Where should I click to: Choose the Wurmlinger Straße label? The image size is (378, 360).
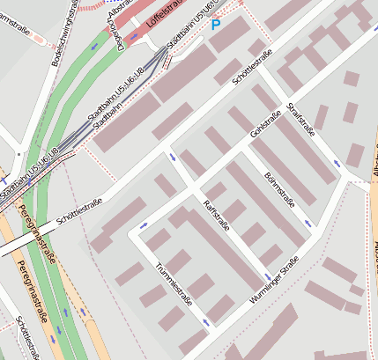(x=274, y=280)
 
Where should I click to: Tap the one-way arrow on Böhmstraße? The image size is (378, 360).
(x=307, y=224)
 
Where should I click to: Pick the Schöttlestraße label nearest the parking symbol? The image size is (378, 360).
(x=252, y=67)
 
